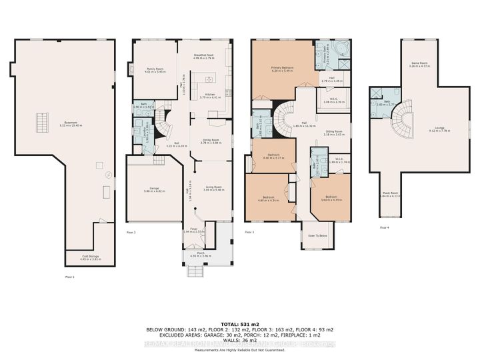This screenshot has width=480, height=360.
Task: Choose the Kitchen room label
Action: click(211, 96)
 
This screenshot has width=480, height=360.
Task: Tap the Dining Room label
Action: click(211, 141)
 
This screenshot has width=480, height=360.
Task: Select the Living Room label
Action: click(211, 189)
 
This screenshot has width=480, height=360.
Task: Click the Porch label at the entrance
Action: click(200, 255)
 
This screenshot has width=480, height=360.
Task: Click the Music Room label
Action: click(390, 195)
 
